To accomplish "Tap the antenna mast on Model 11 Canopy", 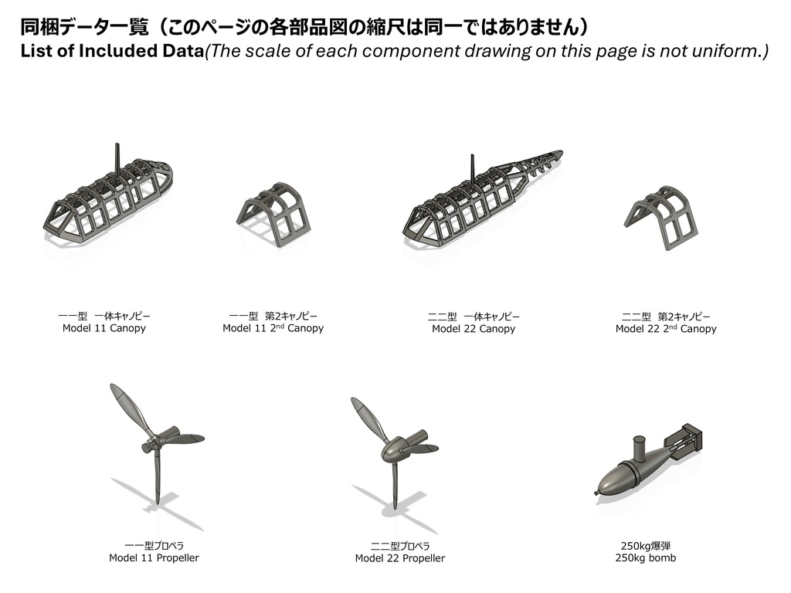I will pyautogui.click(x=117, y=158).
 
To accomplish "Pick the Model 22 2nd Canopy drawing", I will pyautogui.click(x=662, y=217).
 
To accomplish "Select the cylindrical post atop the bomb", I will pyautogui.click(x=640, y=448).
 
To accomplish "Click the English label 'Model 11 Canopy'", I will pyautogui.click(x=104, y=328).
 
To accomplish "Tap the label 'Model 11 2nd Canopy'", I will pyautogui.click(x=273, y=328).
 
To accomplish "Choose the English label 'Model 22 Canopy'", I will pyautogui.click(x=473, y=329).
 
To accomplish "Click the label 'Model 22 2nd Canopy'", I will pyautogui.click(x=665, y=329).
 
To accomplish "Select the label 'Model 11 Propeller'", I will pyautogui.click(x=154, y=557).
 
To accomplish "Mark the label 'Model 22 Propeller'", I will pyautogui.click(x=399, y=558).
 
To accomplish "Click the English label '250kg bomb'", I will pyautogui.click(x=645, y=557).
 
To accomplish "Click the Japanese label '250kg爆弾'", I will pyautogui.click(x=645, y=545).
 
